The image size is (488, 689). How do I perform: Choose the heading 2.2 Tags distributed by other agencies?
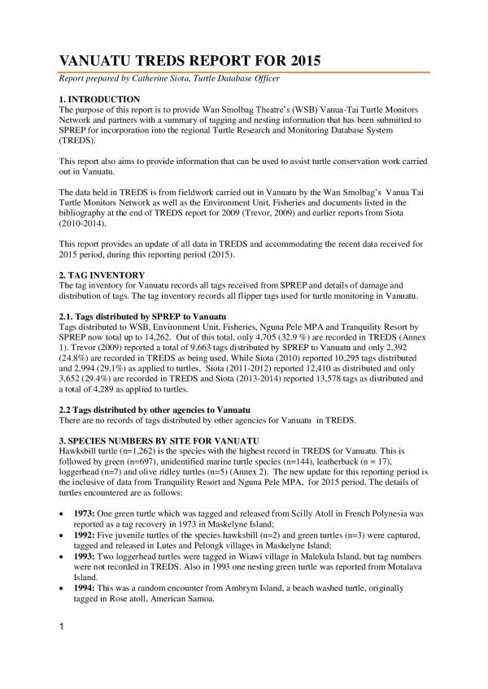(150, 409)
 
